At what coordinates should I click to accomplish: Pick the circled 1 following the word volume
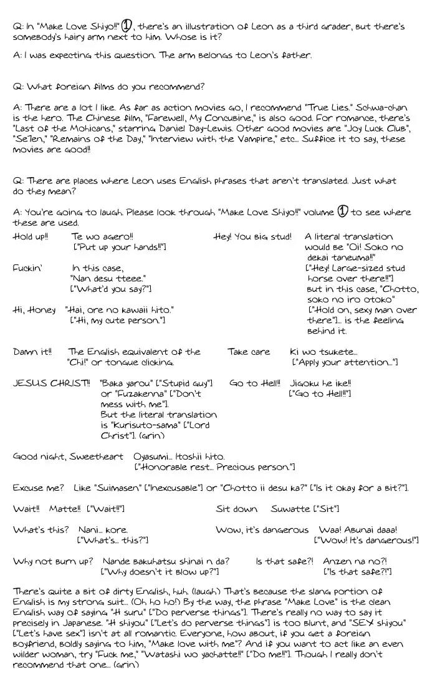point(342,211)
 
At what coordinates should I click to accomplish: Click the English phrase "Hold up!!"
point(31,237)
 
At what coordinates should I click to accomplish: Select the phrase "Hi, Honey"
point(34,310)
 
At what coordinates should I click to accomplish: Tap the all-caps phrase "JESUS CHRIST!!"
point(51,383)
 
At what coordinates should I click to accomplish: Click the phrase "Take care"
point(249,352)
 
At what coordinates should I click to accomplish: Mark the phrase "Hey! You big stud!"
point(252,237)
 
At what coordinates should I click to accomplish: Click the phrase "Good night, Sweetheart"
point(68,456)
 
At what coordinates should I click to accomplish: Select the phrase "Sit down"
point(236,509)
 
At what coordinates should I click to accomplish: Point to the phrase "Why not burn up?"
point(53,561)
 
